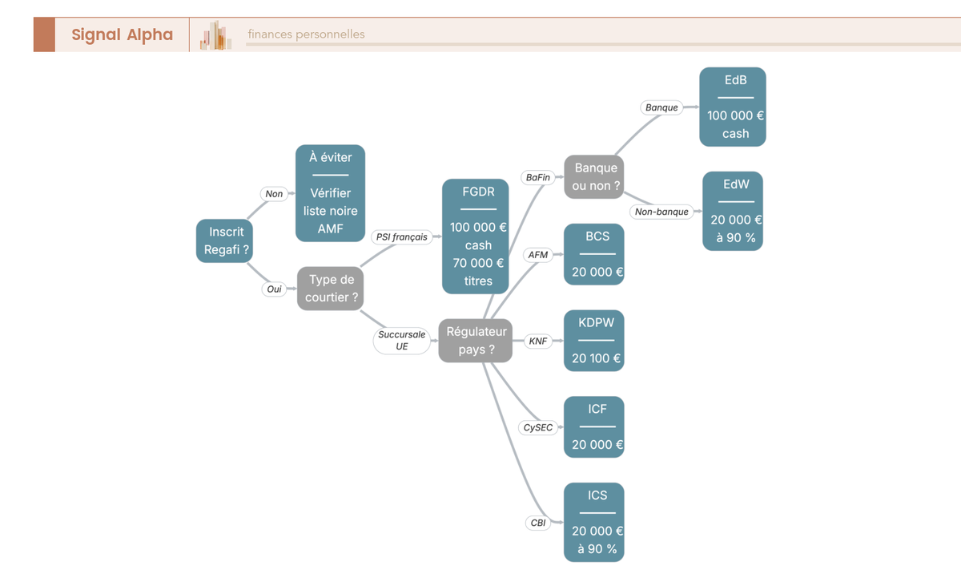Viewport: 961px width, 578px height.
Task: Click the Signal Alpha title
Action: tap(122, 34)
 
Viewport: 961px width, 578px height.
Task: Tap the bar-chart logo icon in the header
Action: tap(215, 34)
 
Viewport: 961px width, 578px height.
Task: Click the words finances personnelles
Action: tap(306, 34)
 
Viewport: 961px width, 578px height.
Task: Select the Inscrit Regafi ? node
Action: tap(224, 241)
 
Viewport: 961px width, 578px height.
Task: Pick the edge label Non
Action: tap(274, 194)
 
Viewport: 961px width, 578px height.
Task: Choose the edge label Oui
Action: tap(274, 289)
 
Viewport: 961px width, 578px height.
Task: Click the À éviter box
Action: tap(330, 193)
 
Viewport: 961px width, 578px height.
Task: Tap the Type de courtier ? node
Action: tap(330, 289)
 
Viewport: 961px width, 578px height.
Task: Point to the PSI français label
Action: tap(401, 236)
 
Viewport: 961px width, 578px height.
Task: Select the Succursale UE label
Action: tap(401, 341)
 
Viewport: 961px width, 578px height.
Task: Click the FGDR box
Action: tap(476, 236)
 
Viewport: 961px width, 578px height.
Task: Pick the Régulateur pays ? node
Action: tap(476, 341)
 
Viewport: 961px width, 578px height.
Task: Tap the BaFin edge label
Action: tap(537, 177)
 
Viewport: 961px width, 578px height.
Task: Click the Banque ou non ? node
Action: tap(593, 177)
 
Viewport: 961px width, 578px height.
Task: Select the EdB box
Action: tap(733, 107)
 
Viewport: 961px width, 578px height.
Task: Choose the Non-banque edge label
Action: tap(661, 212)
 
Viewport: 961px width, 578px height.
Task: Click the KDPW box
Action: tap(593, 341)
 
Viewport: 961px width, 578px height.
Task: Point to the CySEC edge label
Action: tap(538, 427)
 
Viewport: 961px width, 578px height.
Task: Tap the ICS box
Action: tap(593, 522)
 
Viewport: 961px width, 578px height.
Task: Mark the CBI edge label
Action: tap(538, 523)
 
